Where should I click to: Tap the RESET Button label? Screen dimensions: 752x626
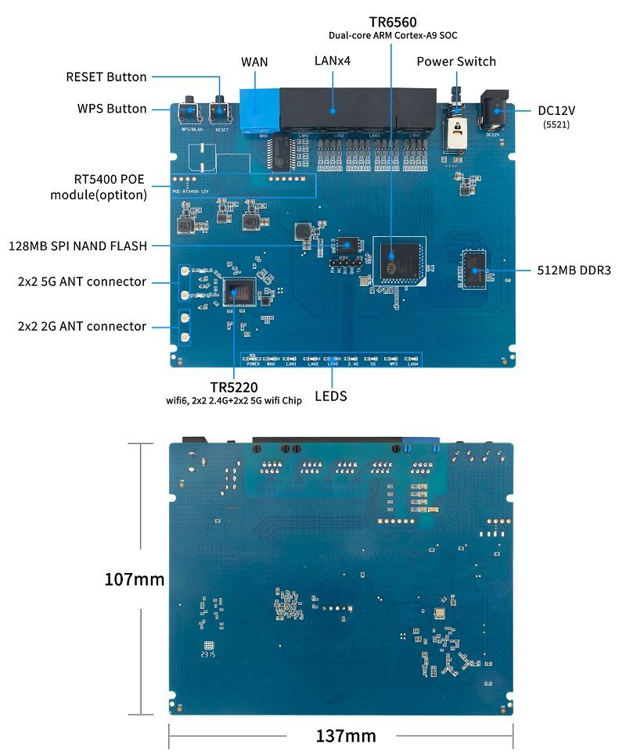[106, 77]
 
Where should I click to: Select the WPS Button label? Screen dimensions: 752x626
[112, 109]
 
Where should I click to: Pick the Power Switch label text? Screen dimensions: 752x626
[456, 62]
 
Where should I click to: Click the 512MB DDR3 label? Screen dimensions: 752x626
[574, 270]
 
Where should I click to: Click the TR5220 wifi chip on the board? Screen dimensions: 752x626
[237, 292]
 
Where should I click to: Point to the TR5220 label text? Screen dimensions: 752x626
[234, 387]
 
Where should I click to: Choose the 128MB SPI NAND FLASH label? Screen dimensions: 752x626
[77, 245]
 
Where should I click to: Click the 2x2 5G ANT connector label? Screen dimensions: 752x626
[82, 281]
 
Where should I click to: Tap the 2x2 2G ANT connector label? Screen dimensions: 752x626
[82, 326]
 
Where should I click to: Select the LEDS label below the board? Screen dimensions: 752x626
[330, 396]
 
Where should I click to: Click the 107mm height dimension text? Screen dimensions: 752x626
[135, 579]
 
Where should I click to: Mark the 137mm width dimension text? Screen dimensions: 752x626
[346, 736]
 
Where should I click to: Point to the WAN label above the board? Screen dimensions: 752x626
[255, 62]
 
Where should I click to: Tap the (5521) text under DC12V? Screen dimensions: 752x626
[556, 124]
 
